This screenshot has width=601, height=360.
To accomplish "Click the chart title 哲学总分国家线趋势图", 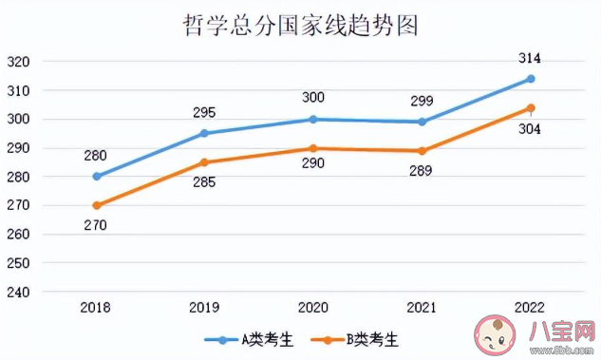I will pyautogui.click(x=299, y=24).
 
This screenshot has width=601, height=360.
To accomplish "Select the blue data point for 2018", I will pyautogui.click(x=96, y=177).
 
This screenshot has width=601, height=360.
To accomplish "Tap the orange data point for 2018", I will pyautogui.click(x=96, y=205).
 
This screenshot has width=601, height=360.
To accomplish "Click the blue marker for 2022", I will pyautogui.click(x=531, y=79).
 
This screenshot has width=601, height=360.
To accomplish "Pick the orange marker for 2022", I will pyautogui.click(x=531, y=107).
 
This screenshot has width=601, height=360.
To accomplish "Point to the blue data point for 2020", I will pyautogui.click(x=313, y=120).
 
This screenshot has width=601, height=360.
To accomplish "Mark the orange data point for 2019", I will pyautogui.click(x=204, y=162).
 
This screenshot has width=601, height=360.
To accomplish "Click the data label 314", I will pyautogui.click(x=530, y=59).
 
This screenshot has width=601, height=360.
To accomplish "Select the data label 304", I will pyautogui.click(x=530, y=128).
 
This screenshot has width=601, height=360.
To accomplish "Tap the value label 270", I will pyautogui.click(x=96, y=225).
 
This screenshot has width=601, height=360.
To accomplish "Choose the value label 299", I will pyautogui.click(x=422, y=102).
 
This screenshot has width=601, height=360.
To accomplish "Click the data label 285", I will pyautogui.click(x=205, y=182).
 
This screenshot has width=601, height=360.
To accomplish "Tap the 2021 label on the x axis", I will pyautogui.click(x=422, y=308).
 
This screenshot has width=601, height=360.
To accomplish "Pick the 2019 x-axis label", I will pyautogui.click(x=204, y=308).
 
